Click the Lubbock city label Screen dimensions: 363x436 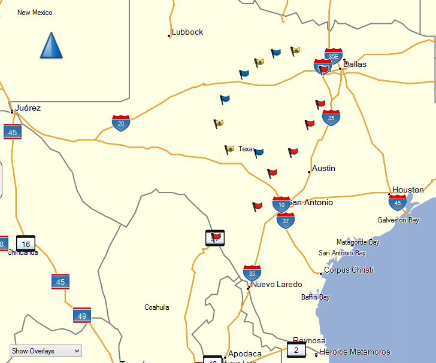click(x=187, y=32)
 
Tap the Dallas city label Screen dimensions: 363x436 click(x=355, y=64)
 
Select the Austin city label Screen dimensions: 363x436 click(x=323, y=169)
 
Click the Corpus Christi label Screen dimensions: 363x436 click(x=348, y=270)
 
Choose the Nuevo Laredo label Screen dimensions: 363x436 click(x=276, y=285)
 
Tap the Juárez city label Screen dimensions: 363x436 click(x=28, y=108)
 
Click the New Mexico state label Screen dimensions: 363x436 click(x=35, y=13)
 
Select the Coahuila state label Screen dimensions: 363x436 click(x=157, y=307)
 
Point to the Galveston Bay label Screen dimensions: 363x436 click(x=398, y=220)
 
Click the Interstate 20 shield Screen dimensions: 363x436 click(x=121, y=123)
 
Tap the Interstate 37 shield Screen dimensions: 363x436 click(x=286, y=221)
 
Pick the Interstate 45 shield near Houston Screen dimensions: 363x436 click(x=397, y=203)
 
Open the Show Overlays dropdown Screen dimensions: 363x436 click(x=46, y=351)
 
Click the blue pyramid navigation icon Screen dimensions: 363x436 click(x=51, y=45)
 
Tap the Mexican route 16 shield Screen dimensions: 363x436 click(x=26, y=243)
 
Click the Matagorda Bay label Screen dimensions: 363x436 click(x=358, y=242)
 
